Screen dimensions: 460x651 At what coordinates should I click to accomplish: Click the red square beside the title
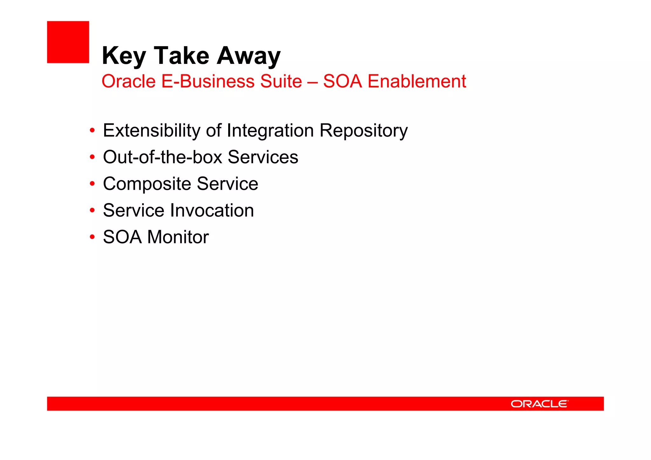tap(68, 42)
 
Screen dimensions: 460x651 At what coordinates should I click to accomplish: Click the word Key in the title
tap(124, 56)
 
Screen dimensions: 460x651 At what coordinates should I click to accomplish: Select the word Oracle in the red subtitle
tap(128, 81)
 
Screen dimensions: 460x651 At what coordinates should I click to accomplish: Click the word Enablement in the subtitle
tap(417, 81)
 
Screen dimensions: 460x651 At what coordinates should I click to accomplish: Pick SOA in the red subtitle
tap(342, 81)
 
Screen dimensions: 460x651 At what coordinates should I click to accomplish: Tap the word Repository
tap(363, 131)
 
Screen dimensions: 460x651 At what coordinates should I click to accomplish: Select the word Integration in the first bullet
tap(270, 131)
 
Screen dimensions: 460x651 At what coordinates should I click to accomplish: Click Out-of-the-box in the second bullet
tap(162, 157)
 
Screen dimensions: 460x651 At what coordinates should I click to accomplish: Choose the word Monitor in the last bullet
tap(178, 237)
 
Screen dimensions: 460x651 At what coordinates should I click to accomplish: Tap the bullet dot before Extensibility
tap(92, 131)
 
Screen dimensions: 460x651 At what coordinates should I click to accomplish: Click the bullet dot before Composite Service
tap(92, 184)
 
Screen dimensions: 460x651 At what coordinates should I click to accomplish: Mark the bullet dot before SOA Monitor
tap(92, 237)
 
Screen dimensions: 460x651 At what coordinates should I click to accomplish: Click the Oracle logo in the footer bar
tap(539, 404)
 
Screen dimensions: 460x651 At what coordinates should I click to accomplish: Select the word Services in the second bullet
tap(263, 157)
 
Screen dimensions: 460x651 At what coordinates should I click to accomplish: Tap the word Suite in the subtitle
tap(281, 81)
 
